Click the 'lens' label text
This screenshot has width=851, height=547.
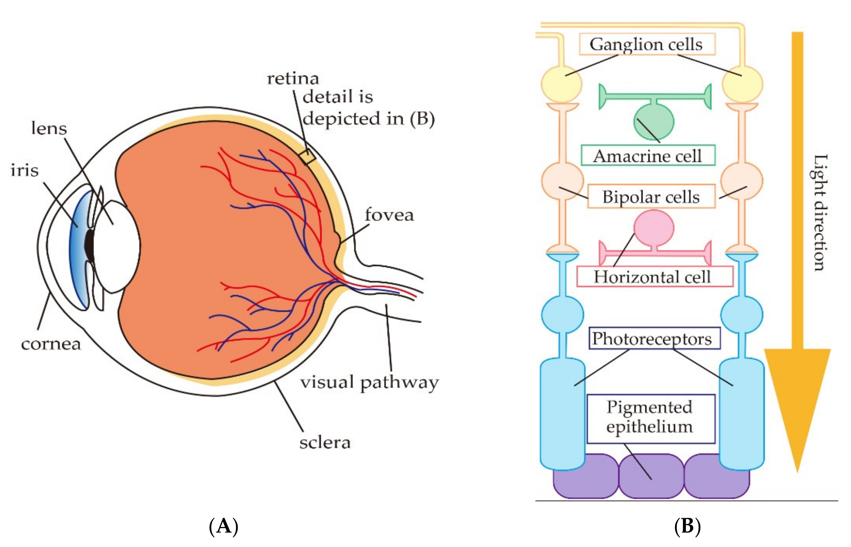point(49,128)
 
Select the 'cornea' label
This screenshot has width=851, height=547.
point(51,344)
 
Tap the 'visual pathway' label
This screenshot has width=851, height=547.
point(369,383)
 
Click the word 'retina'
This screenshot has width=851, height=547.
point(293,78)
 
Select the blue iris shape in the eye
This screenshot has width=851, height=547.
point(77,249)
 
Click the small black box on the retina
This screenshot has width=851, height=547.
point(307,157)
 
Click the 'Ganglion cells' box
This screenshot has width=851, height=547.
point(647,44)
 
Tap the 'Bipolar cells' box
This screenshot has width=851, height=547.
point(651,196)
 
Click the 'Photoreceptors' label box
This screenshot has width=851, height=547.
point(654,339)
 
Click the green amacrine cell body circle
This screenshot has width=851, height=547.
point(654,121)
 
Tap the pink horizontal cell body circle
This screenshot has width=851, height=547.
point(654,227)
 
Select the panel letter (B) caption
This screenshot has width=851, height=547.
point(687,526)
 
